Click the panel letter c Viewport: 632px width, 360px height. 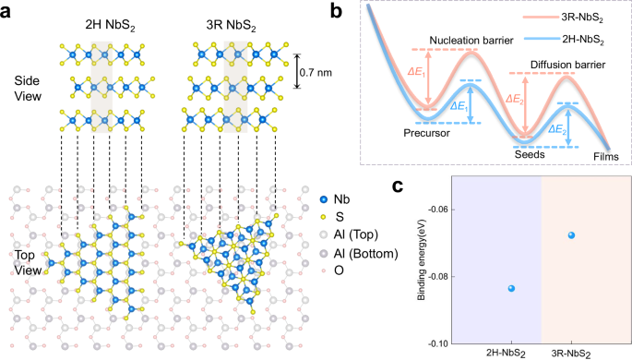tap(399, 186)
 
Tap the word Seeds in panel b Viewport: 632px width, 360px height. tap(530, 154)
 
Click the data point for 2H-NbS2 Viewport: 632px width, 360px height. tap(485, 289)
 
